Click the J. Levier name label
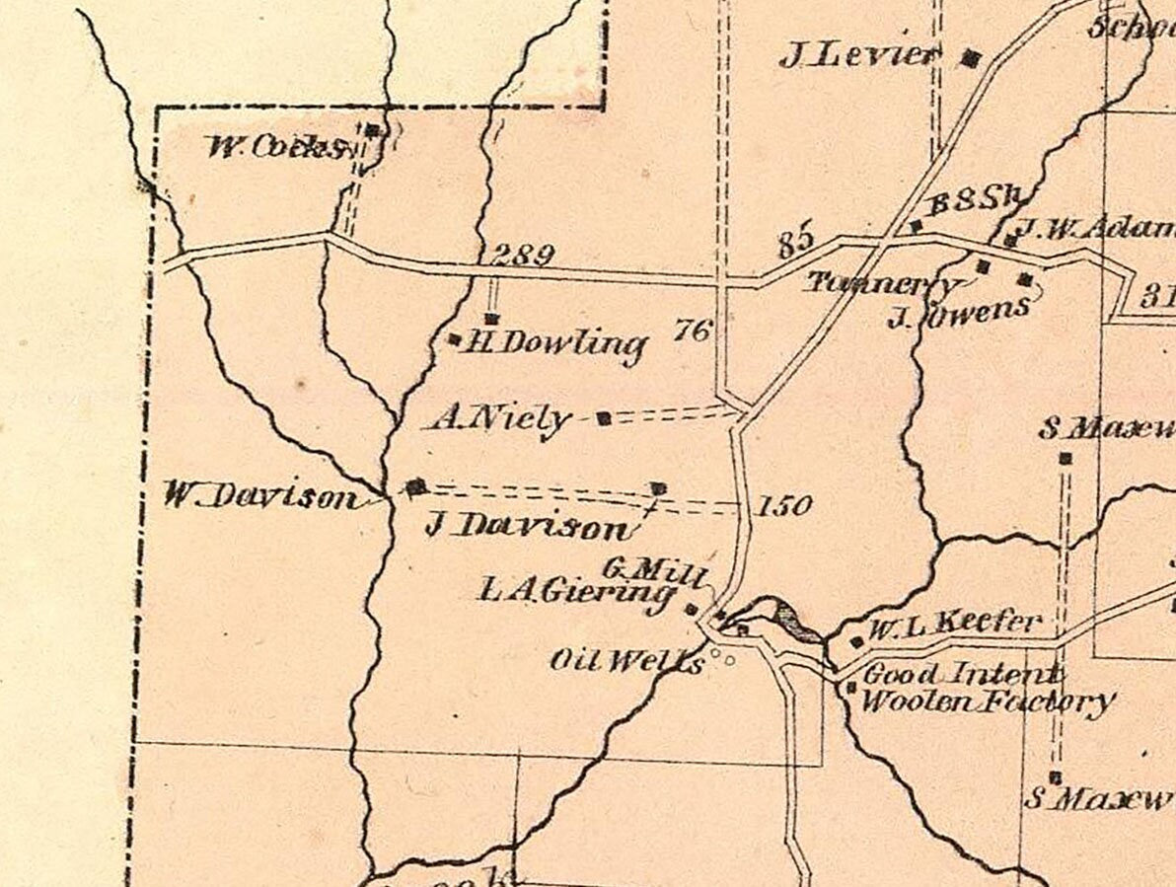coord(856,56)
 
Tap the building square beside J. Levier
coord(971,58)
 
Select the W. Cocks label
coord(277,148)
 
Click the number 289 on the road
coord(523,255)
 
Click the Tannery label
coord(881,284)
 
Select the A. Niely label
coord(501,419)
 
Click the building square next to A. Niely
coord(605,418)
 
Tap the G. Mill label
coord(652,569)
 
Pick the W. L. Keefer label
coord(954,624)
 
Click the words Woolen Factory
coord(987,703)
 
